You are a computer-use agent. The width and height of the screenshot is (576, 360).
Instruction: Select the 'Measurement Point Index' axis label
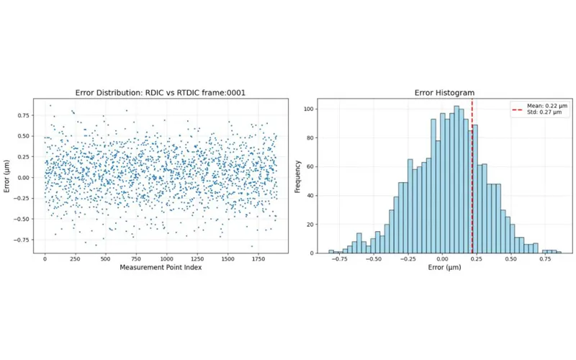coord(161,268)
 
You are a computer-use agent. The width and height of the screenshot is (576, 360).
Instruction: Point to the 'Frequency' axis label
coord(298,176)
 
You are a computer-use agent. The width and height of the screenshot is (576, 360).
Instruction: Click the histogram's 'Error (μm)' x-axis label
coord(444,268)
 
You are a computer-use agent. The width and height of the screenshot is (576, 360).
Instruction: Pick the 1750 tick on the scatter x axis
coord(258,258)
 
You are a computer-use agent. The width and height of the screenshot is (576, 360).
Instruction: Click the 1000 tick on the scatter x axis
coord(166,258)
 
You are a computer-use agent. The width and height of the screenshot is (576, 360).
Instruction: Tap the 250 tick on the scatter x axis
coord(75,258)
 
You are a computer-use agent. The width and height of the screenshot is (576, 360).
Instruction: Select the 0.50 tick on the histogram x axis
coord(510,258)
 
